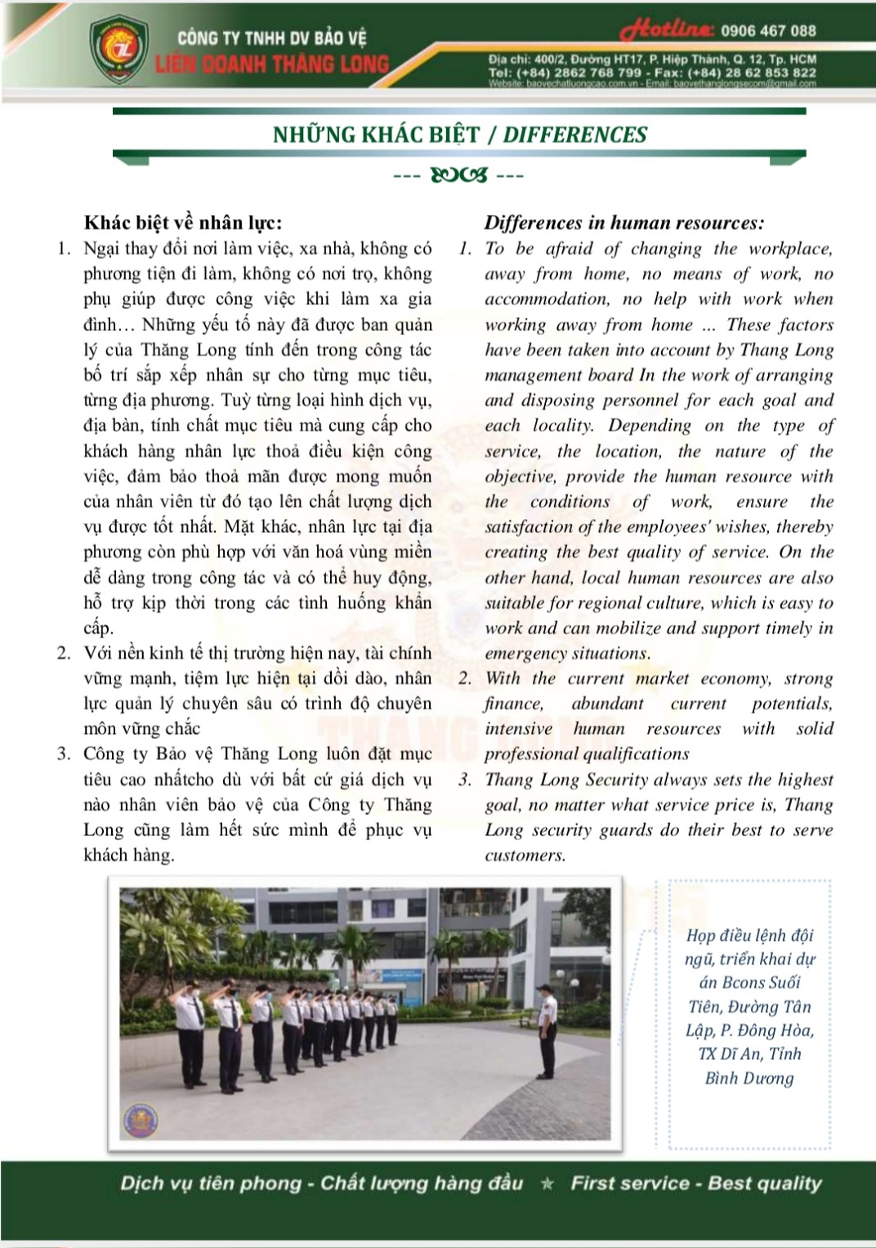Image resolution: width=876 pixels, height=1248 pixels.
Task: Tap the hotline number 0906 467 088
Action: click(768, 31)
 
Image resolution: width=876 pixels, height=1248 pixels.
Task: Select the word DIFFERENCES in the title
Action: click(574, 135)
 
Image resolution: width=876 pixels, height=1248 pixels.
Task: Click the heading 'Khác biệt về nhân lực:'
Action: click(183, 222)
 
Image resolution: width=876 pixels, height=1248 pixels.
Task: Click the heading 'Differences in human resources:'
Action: click(624, 222)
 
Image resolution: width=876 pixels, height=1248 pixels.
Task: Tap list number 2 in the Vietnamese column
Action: click(64, 653)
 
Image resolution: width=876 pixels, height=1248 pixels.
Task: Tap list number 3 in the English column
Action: click(465, 780)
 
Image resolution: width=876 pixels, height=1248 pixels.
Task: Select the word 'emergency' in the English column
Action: click(522, 654)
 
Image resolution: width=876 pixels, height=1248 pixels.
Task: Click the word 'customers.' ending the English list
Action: click(525, 856)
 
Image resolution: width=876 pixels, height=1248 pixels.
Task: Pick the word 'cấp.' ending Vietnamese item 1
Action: click(98, 628)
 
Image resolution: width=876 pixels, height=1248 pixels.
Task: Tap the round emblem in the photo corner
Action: click(140, 1120)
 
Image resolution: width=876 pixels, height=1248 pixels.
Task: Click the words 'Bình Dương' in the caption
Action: click(749, 1078)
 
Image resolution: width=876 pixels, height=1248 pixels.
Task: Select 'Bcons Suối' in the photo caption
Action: click(749, 983)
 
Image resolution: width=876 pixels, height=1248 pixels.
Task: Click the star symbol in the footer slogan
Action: click(547, 1183)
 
